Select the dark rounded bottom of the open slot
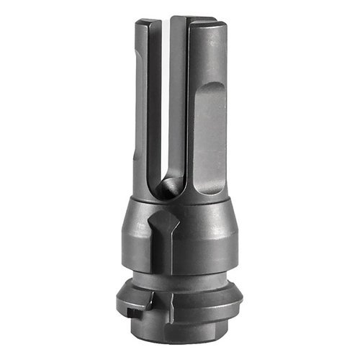tap(166, 189)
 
